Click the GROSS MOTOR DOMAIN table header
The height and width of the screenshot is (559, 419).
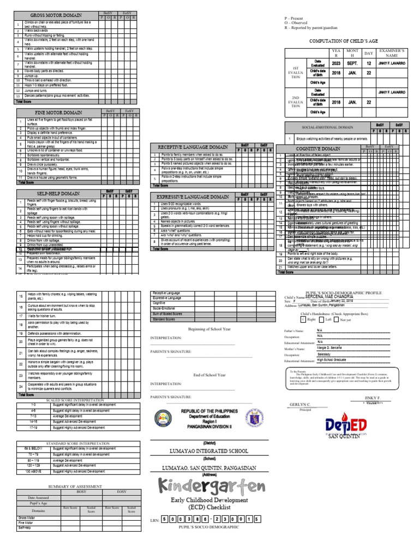pos(56,15)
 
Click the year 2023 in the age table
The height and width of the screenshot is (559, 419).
pos(336,63)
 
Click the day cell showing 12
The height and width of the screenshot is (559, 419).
pos(369,63)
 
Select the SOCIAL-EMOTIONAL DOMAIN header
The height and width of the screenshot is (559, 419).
pos(324,127)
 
